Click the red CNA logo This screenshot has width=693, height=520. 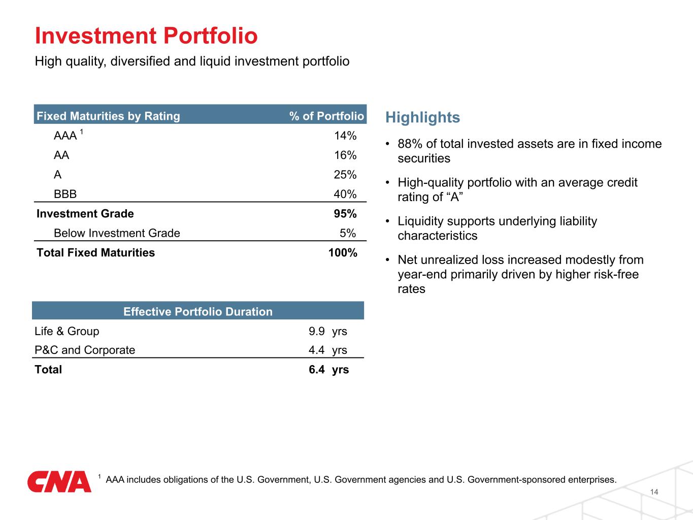59,481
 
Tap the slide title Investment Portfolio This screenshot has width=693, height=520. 146,36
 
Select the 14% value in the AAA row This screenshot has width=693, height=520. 345,136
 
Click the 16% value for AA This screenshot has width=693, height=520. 345,155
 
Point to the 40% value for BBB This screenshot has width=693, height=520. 345,194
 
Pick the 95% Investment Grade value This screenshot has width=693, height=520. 345,213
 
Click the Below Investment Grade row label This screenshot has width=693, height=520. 117,233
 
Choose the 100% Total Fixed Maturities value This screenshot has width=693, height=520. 343,252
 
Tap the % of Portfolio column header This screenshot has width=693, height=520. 326,116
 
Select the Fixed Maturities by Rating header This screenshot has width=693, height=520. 108,116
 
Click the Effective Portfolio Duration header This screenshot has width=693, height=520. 198,311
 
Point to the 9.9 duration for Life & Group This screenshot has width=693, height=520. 317,331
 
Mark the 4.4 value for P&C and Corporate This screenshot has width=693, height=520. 317,350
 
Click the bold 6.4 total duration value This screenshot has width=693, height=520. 317,369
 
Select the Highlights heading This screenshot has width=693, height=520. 422,117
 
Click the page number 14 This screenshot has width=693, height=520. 654,492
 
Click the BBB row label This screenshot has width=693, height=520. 65,194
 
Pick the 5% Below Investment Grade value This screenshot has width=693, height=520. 348,233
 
